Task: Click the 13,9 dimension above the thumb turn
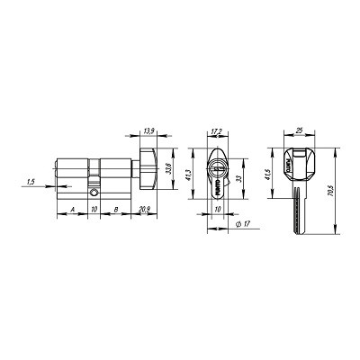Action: pos(149,131)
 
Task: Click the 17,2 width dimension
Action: pos(217,131)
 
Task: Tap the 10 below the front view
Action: pos(217,211)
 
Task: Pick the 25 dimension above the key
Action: pos(298,131)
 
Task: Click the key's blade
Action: pos(298,211)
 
